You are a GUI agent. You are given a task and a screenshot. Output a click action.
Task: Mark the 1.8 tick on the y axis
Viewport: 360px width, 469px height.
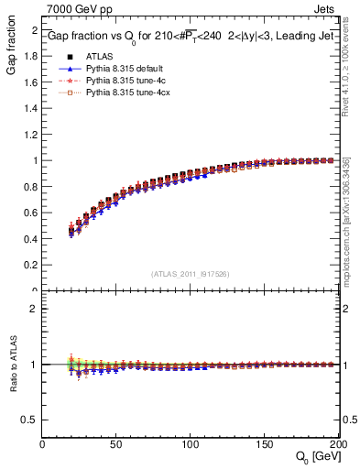click(30, 55)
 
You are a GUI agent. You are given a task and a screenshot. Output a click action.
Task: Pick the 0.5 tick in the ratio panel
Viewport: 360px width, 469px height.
click(30, 420)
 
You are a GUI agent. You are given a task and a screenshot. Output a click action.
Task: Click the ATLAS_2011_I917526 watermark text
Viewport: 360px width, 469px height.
click(191, 273)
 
